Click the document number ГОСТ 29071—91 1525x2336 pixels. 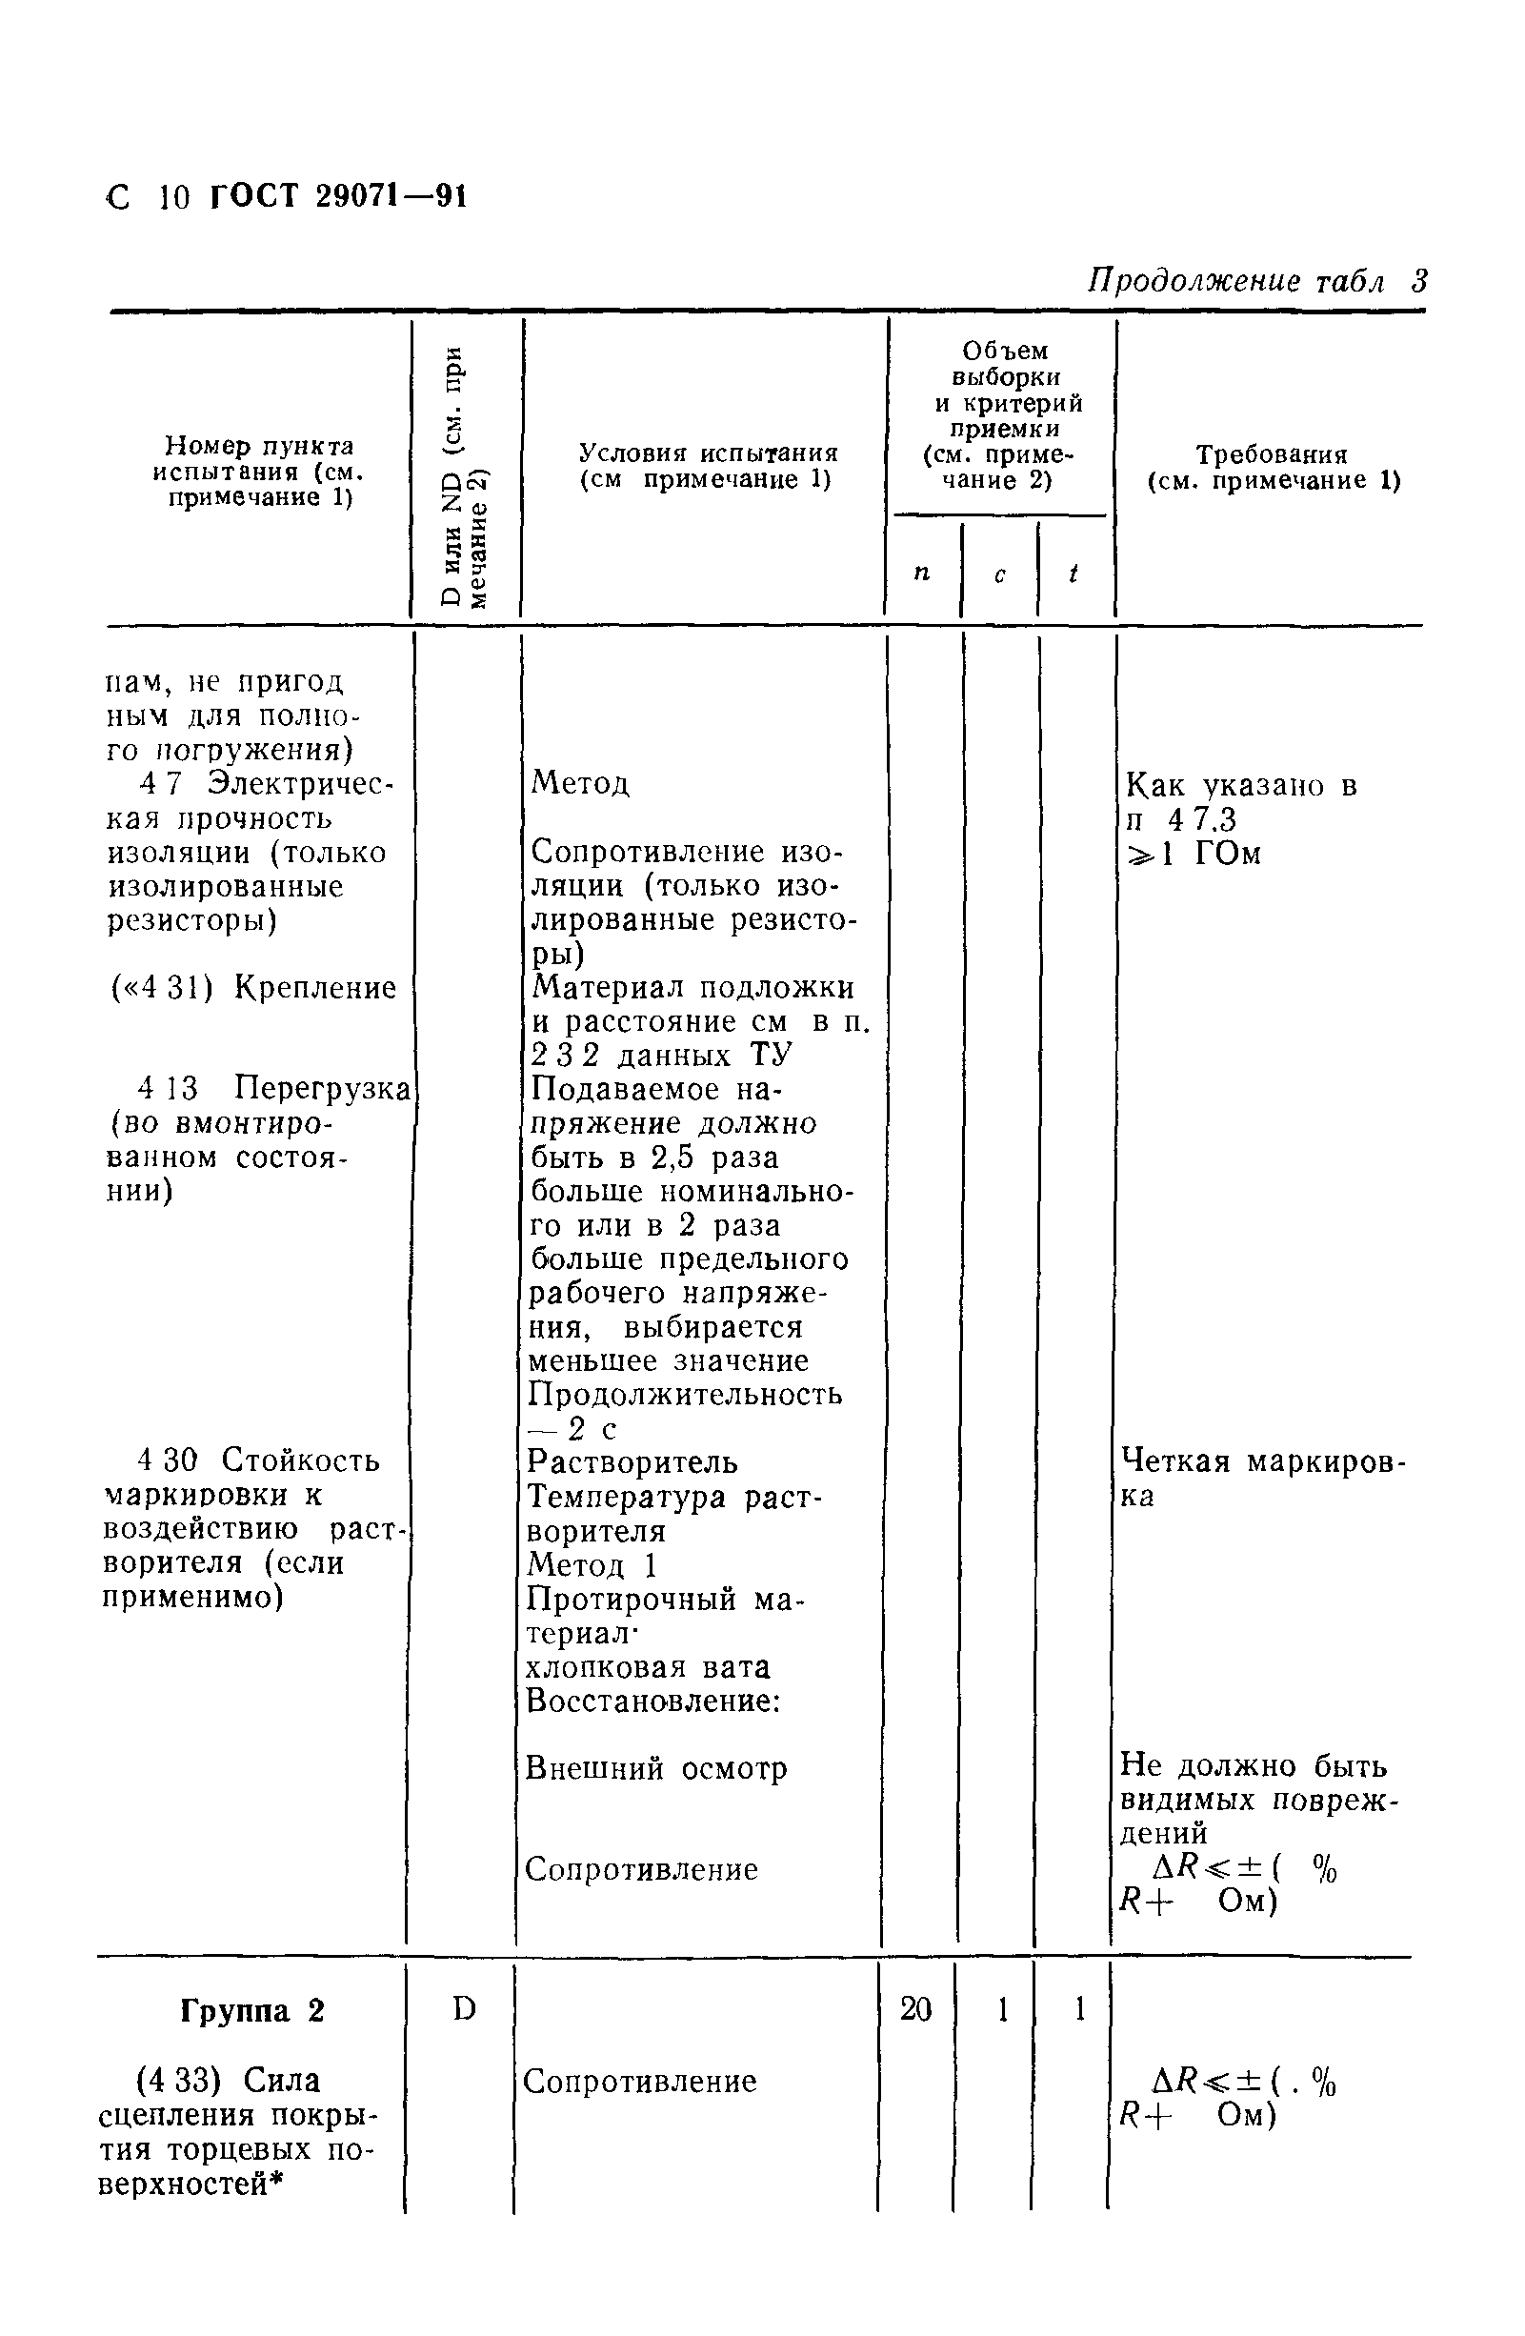(338, 197)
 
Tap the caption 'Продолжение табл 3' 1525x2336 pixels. (1256, 282)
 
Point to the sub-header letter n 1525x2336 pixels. (921, 573)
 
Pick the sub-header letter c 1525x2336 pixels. (999, 575)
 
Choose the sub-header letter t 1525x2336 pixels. (1074, 573)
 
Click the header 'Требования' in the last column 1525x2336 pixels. (1271, 454)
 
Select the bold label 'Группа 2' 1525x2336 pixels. (251, 2011)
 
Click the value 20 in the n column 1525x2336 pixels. (915, 2009)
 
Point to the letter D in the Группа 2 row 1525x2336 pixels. (464, 2009)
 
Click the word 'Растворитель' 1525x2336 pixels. (632, 1462)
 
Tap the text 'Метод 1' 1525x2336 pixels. (592, 1564)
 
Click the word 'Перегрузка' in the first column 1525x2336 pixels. (322, 1089)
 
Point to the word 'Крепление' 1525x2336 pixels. (315, 987)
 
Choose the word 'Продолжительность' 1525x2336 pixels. (685, 1394)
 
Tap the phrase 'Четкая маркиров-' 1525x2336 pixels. (1264, 1462)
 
